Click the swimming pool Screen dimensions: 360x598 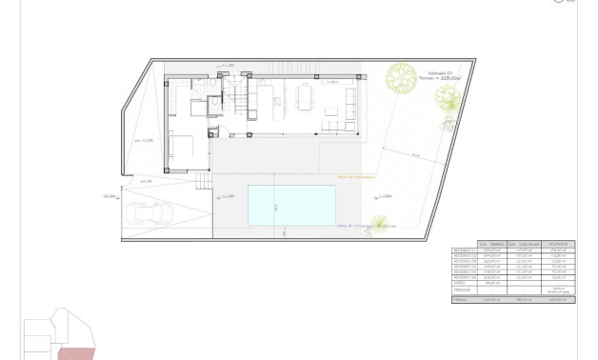[292, 205]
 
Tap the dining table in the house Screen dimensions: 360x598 [305, 96]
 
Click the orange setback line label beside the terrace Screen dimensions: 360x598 [358, 175]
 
